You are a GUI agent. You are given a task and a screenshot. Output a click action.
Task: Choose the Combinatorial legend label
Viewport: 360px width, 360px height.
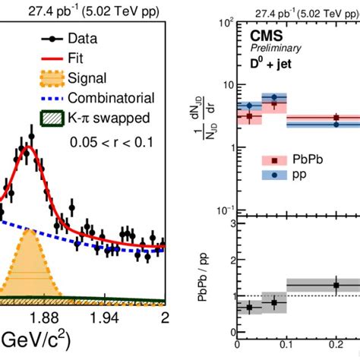point(110,97)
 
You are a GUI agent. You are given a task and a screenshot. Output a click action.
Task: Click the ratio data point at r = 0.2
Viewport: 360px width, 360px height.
point(336,285)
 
